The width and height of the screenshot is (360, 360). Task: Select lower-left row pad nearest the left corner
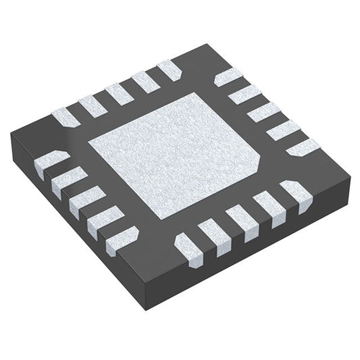point(49,161)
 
